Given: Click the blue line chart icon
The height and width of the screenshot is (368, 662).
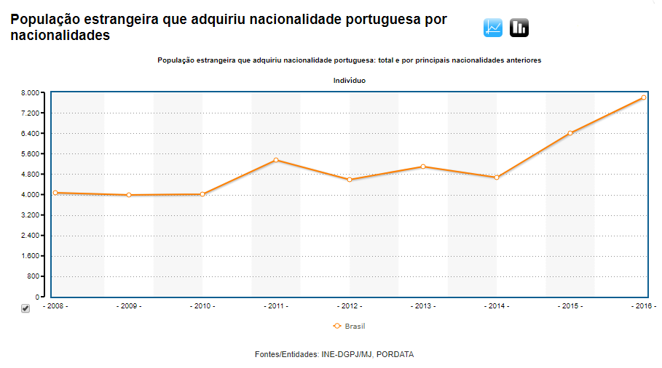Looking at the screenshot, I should pyautogui.click(x=493, y=28).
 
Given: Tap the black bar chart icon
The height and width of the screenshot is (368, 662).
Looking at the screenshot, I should pyautogui.click(x=519, y=28).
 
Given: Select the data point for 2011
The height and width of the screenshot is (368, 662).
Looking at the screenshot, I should pyautogui.click(x=276, y=160).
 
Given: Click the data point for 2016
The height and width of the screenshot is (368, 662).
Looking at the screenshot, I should pyautogui.click(x=644, y=97).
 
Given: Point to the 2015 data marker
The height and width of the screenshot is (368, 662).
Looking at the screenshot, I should pyautogui.click(x=570, y=133).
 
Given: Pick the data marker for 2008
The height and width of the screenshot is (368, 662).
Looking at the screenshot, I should pyautogui.click(x=55, y=193).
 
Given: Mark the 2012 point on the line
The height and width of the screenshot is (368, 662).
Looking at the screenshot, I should pyautogui.click(x=350, y=180).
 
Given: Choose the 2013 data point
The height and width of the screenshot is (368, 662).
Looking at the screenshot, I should pyautogui.click(x=423, y=167).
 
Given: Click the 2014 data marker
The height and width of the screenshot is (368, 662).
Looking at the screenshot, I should pyautogui.click(x=497, y=177).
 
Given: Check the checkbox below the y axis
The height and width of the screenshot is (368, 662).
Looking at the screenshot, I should pyautogui.click(x=25, y=308).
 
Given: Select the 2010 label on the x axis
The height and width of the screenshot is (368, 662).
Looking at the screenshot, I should pyautogui.click(x=202, y=306).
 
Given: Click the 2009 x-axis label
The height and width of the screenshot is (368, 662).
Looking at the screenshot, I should pyautogui.click(x=129, y=306).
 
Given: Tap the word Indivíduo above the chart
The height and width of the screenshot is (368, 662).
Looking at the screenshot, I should pyautogui.click(x=349, y=81).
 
